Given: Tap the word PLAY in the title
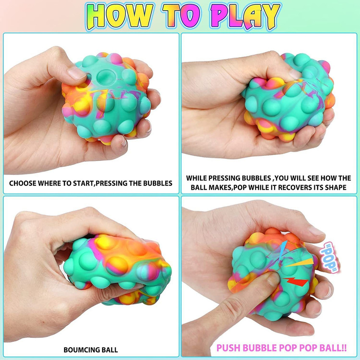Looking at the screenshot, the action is click(245, 16).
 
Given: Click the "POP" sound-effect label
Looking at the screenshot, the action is click(329, 258).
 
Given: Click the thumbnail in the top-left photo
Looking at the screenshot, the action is click(77, 73).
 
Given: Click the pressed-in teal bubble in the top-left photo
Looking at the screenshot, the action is click(105, 77).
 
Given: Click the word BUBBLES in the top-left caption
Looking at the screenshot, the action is click(158, 183).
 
